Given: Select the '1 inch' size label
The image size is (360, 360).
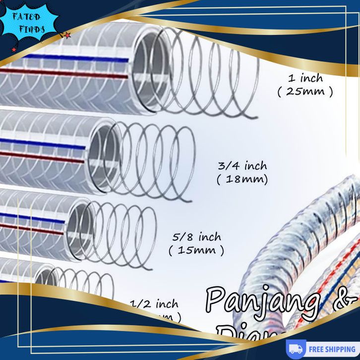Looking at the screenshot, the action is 305,78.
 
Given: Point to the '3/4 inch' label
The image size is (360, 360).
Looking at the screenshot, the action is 242,166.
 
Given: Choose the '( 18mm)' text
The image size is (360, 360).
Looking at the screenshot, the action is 242,180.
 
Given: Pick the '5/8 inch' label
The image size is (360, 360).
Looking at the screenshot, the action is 196,237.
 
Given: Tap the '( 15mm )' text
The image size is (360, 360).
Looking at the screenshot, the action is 196,250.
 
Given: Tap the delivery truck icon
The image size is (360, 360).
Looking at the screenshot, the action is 296,349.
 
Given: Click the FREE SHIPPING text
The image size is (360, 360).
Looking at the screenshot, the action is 332,349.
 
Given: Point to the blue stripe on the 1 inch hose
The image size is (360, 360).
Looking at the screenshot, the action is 74,58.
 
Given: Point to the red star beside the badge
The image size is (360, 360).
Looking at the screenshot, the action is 67,35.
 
